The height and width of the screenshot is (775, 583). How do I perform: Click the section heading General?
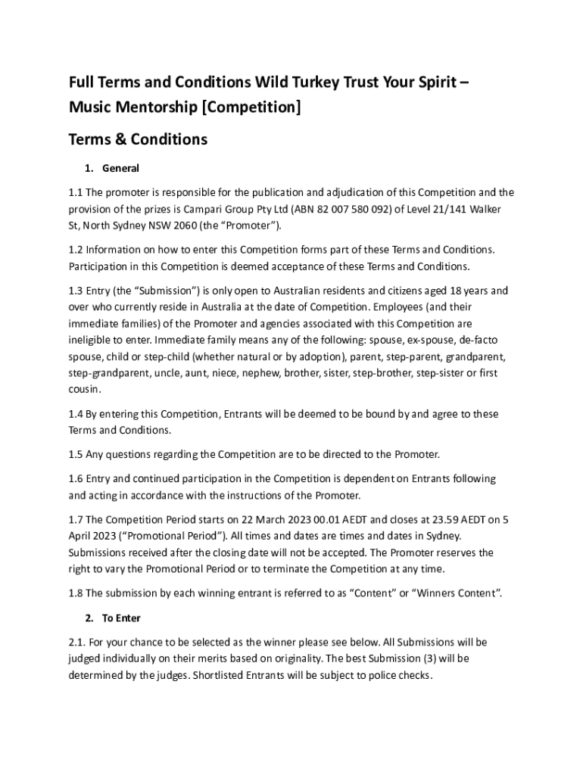120,168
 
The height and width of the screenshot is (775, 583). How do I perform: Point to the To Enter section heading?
121,618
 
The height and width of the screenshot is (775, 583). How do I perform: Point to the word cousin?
83,389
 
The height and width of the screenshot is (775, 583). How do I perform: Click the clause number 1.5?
76,454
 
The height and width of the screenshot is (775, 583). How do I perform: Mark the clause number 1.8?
76,593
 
